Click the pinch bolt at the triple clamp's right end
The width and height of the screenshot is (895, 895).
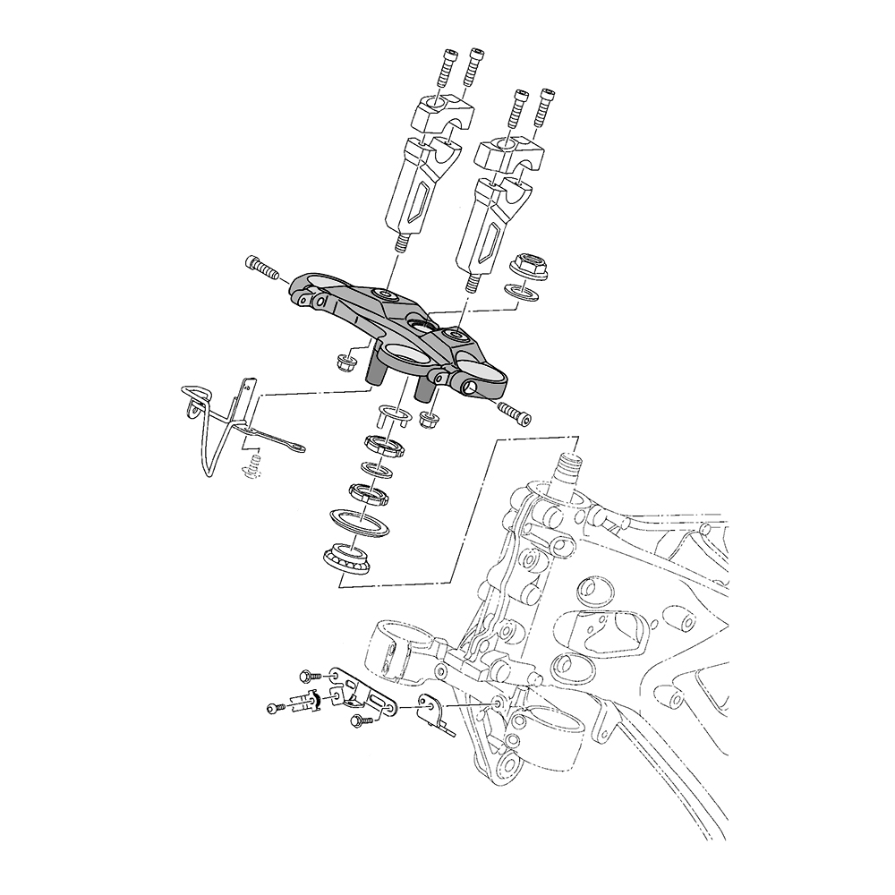514,414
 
